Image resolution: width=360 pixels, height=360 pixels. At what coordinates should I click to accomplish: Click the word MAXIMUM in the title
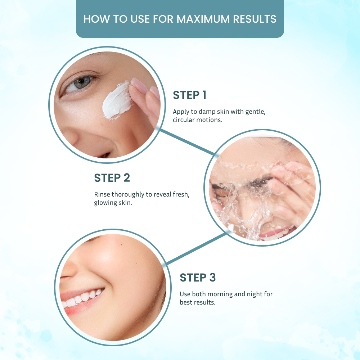203,19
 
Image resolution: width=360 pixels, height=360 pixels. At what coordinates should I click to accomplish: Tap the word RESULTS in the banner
255,19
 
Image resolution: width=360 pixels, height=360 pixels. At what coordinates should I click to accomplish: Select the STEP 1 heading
190,95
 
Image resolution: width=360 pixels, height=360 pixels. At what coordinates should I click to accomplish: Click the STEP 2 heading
112,178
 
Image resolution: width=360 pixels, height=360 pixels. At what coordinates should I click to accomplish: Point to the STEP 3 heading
198,277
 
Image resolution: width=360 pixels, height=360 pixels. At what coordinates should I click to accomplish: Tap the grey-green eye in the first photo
81,82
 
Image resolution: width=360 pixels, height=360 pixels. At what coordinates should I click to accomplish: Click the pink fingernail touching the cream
139,85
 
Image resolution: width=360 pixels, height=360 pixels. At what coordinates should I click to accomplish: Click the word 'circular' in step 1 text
184,120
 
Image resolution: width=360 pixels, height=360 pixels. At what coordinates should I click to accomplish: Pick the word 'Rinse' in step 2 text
102,194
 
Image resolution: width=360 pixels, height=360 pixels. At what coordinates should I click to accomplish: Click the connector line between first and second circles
187,141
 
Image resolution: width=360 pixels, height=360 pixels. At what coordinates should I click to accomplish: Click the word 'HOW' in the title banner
96,19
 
